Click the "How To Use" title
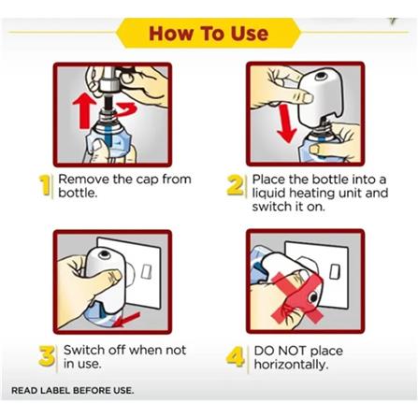pyautogui.click(x=209, y=33)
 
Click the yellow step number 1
pyautogui.click(x=45, y=185)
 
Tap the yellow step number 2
pyautogui.click(x=235, y=185)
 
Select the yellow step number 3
pyautogui.click(x=47, y=356)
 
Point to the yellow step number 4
pyautogui.click(x=236, y=356)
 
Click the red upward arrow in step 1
pyautogui.click(x=84, y=111)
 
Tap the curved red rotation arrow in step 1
pyautogui.click(x=126, y=110)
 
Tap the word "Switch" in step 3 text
pyautogui.click(x=84, y=350)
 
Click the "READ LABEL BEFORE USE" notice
pyautogui.click(x=72, y=390)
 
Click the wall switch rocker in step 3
pyautogui.click(x=146, y=271)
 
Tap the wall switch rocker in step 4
pyautogui.click(x=335, y=271)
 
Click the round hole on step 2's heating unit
pyautogui.click(x=321, y=76)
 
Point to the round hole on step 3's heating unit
pyautogui.click(x=105, y=254)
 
